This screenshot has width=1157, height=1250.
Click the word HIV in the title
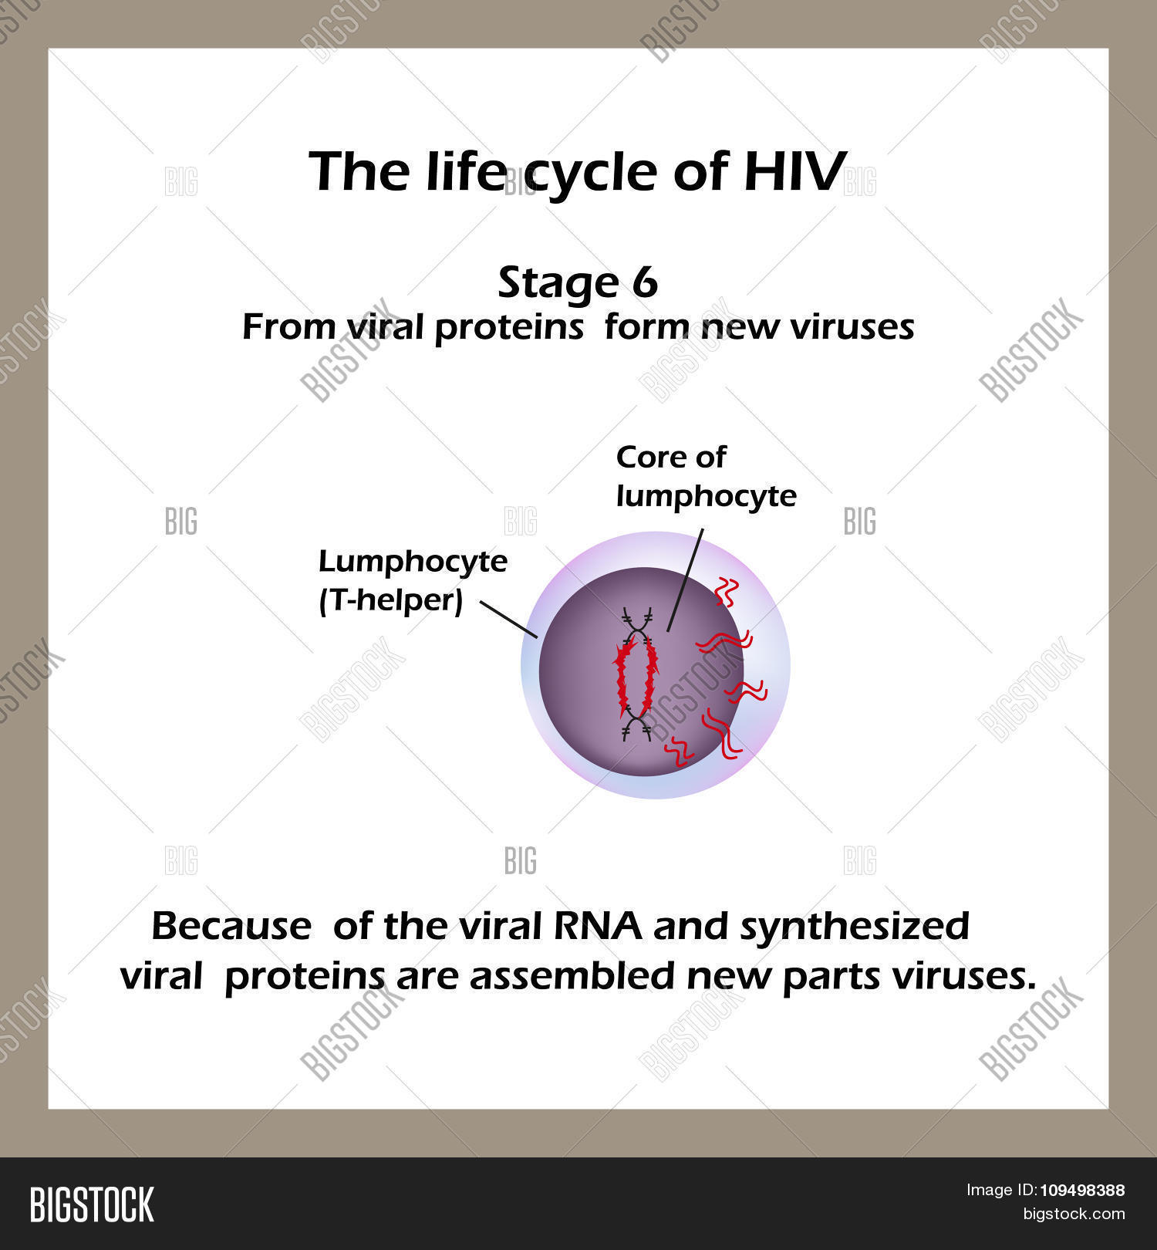794,171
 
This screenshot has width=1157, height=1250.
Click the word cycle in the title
591,173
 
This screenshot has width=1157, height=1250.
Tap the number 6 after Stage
644,282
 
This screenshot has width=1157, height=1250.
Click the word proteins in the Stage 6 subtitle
509,327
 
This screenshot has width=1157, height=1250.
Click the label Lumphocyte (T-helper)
412,580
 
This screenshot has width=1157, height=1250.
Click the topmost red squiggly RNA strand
727,592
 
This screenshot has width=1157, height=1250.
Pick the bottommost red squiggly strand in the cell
678,751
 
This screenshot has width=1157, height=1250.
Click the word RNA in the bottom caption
597,926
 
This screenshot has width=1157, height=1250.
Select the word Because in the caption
231,926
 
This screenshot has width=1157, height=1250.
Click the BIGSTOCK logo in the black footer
92,1204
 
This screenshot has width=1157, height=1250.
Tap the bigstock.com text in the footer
1074,1214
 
